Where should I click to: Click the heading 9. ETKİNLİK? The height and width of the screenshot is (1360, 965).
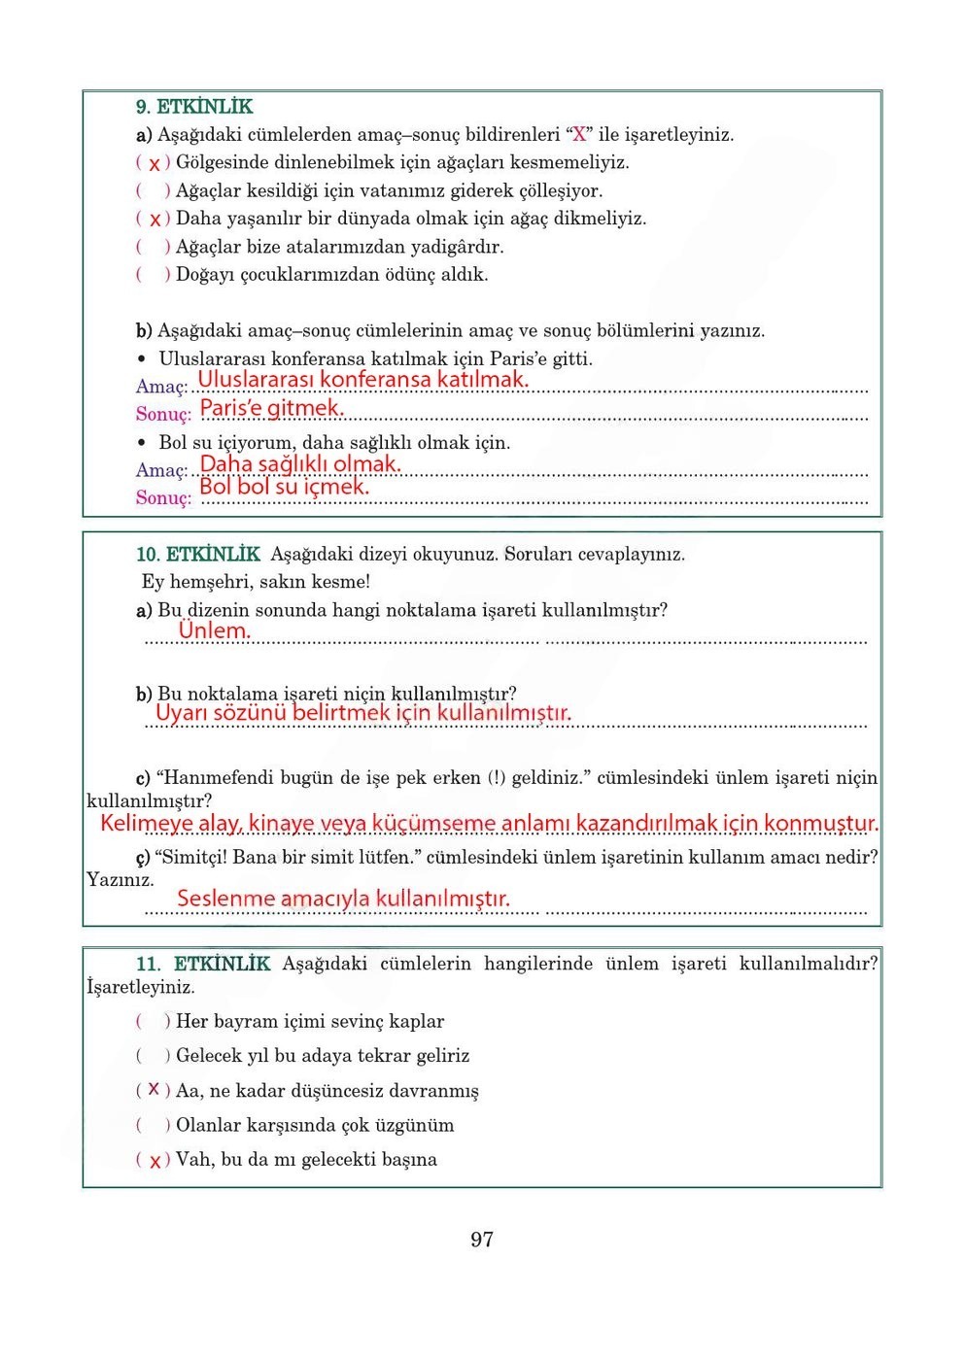tap(193, 107)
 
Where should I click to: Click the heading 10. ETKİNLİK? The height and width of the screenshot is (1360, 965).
tap(197, 555)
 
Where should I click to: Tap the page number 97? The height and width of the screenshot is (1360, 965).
tap(481, 1240)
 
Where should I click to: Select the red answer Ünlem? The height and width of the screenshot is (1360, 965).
tap(214, 630)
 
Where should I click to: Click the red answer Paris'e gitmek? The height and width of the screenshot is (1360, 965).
tap(271, 408)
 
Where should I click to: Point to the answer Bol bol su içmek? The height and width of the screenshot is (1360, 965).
tap(284, 487)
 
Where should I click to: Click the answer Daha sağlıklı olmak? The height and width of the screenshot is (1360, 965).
tap(299, 464)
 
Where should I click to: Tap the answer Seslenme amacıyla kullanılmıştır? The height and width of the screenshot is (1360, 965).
tap(342, 899)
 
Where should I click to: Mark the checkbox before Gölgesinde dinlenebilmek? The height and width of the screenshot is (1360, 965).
tap(154, 164)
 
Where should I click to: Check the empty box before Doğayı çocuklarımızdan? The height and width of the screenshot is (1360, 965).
tap(154, 275)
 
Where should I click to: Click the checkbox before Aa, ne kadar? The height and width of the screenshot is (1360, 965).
tap(154, 1091)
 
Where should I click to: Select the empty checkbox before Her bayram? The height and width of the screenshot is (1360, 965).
tap(154, 1022)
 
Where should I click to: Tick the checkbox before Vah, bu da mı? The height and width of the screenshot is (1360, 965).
tap(154, 1161)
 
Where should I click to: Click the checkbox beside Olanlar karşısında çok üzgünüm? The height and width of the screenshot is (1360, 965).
tap(154, 1126)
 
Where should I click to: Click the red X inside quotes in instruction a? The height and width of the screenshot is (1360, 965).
tap(579, 135)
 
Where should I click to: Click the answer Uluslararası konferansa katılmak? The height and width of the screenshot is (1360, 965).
tap(362, 380)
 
